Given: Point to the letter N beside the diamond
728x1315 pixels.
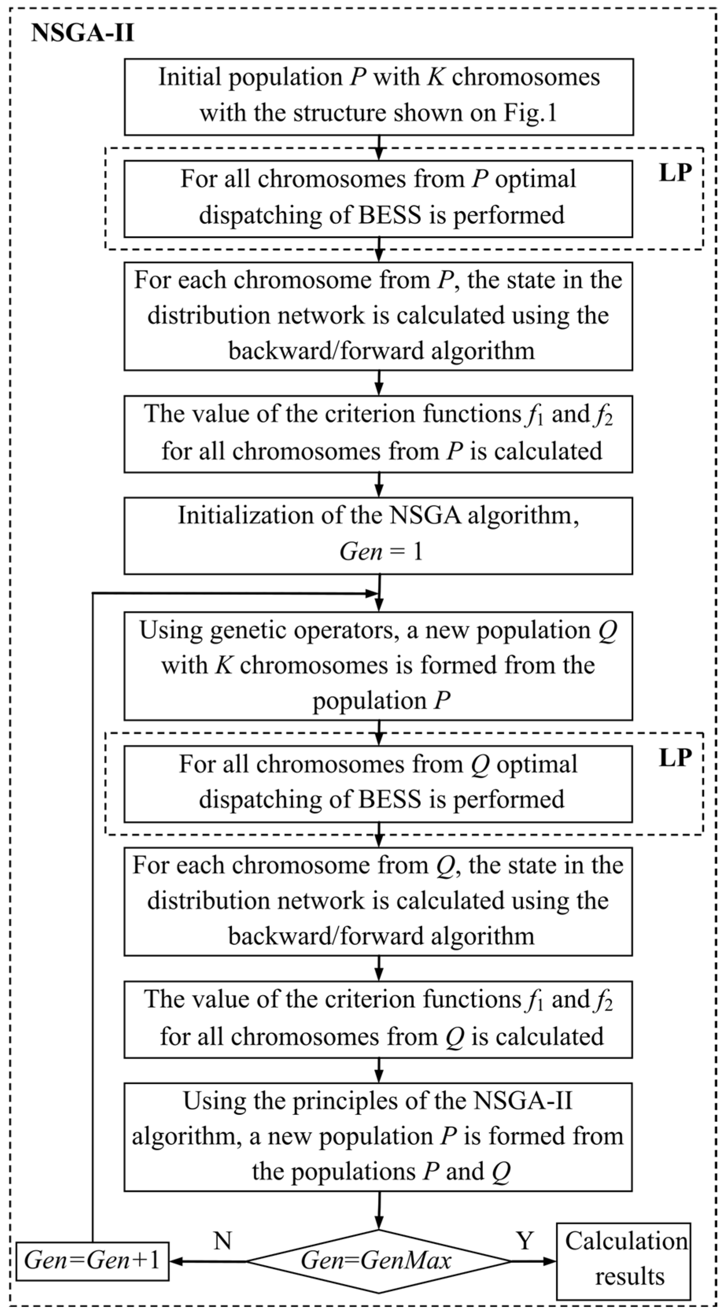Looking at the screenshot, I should coord(223,1241).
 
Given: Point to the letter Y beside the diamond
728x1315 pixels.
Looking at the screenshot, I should coord(525,1241).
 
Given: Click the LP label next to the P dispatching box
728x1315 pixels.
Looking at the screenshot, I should coord(675,173).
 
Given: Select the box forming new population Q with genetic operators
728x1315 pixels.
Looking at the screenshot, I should coord(378,666).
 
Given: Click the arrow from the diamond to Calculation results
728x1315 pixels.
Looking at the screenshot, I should coord(533,1262).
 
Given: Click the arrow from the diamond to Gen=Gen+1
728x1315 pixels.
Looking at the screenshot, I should coord(207,1262).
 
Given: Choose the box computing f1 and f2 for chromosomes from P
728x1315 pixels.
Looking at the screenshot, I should coord(378,433).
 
